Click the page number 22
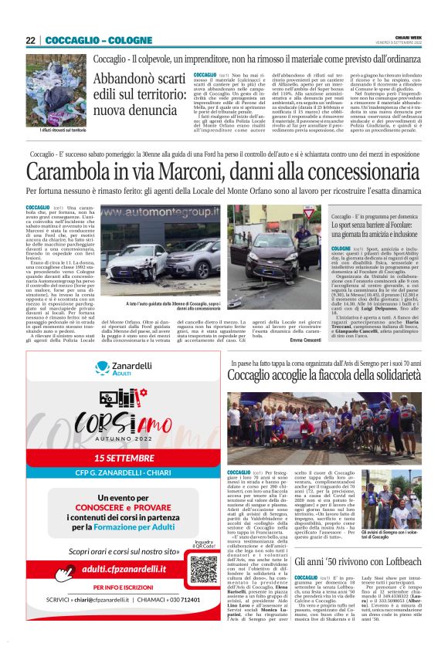30,39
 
